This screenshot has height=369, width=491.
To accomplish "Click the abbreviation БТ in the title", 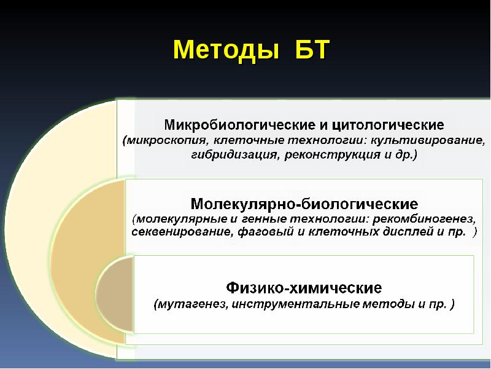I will (x=307, y=49).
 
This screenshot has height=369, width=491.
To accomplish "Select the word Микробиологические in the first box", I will (x=240, y=125).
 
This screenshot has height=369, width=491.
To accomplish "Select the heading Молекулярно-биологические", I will (x=304, y=203).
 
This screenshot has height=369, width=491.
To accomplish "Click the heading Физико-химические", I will (x=304, y=287).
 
